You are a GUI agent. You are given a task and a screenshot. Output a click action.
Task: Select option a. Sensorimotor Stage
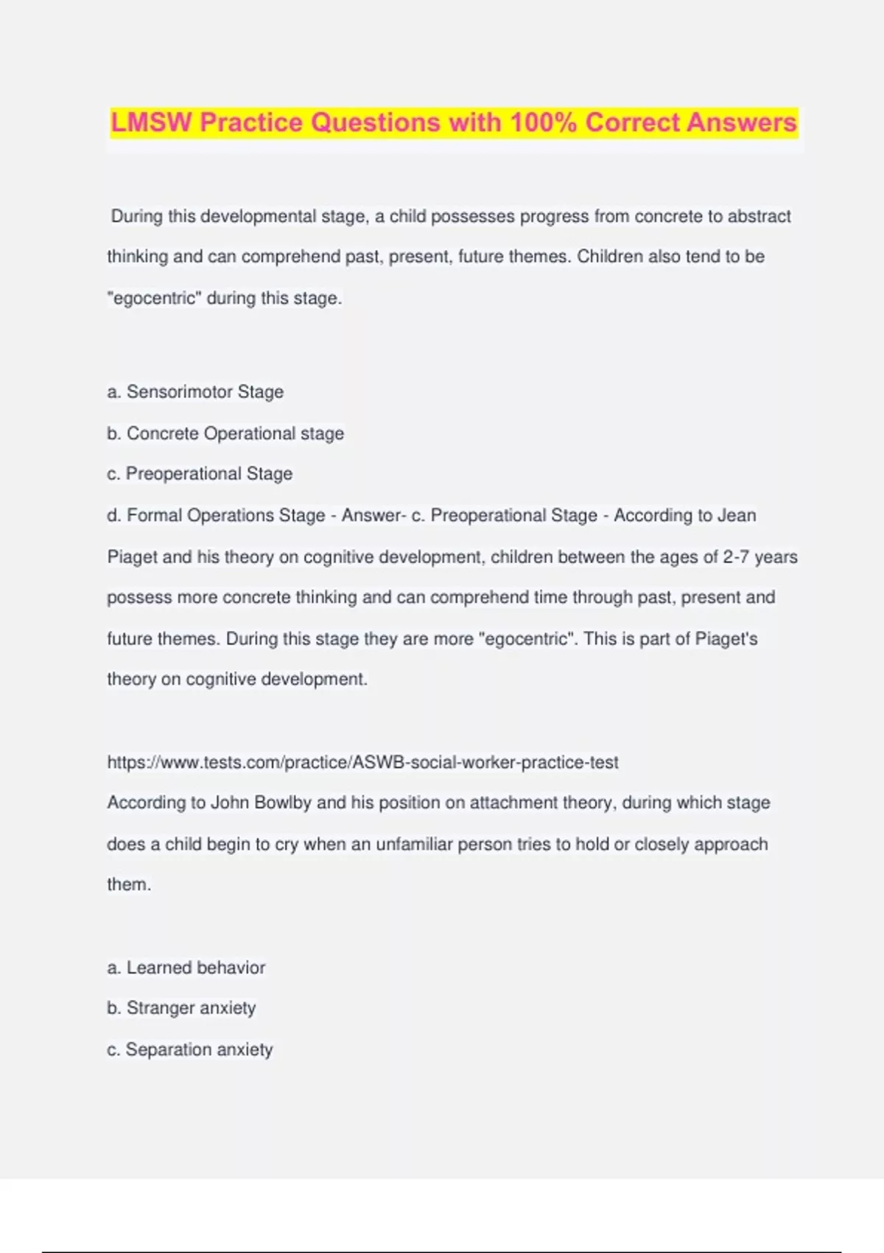point(195,392)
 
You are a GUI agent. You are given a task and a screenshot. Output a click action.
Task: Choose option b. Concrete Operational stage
point(225,433)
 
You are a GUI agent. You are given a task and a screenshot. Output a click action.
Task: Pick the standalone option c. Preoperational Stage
point(200,474)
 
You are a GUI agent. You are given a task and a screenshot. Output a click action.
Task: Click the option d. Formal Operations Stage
point(216,515)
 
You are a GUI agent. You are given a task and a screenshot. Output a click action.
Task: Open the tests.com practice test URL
point(362,762)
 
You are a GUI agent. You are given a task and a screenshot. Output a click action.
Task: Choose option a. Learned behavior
point(186,968)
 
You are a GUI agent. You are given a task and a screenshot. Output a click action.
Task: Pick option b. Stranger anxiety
point(181,1008)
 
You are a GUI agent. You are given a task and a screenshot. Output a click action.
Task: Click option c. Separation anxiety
point(190,1050)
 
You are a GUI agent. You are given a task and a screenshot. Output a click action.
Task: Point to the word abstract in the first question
point(759,217)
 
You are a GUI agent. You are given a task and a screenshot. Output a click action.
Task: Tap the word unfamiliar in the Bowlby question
point(414,844)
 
